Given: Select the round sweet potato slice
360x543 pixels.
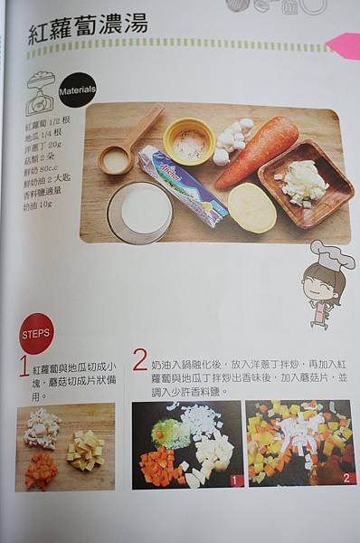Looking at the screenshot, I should pyautogui.click(x=251, y=207).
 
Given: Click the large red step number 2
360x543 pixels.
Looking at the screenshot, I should pyautogui.click(x=139, y=359).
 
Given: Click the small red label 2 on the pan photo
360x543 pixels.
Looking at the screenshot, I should pyautogui.click(x=347, y=478).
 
